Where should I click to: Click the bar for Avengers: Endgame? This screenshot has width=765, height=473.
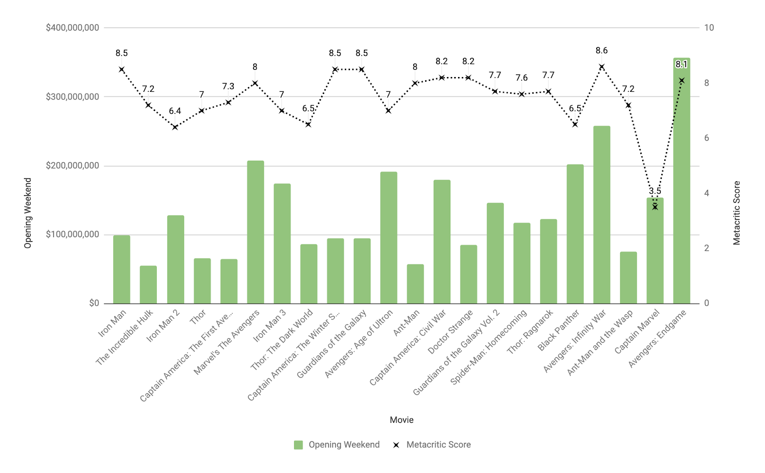pyautogui.click(x=681, y=182)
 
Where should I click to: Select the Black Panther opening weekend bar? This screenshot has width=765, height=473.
pyautogui.click(x=575, y=234)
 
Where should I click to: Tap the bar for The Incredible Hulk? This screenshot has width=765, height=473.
pyautogui.click(x=148, y=285)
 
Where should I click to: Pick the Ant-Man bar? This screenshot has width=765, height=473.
pyautogui.click(x=415, y=284)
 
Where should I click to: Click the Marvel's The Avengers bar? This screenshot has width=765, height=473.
pyautogui.click(x=255, y=232)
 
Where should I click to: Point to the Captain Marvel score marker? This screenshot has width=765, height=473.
pyautogui.click(x=655, y=207)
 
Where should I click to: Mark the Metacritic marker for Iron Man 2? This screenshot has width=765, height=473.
pyautogui.click(x=175, y=127)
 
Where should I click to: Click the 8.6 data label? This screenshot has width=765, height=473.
pyautogui.click(x=601, y=51)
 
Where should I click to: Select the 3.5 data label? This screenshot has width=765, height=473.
pyautogui.click(x=655, y=191)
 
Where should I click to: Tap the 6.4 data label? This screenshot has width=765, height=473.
pyautogui.click(x=175, y=111)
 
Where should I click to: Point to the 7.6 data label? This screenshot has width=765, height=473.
pyautogui.click(x=522, y=78)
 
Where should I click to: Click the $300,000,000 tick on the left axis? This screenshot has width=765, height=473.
pyautogui.click(x=73, y=97)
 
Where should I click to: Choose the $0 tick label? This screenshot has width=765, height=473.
pyautogui.click(x=94, y=303)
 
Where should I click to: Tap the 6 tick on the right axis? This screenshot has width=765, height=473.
pyautogui.click(x=707, y=138)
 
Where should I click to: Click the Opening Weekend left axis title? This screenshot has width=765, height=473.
pyautogui.click(x=28, y=213)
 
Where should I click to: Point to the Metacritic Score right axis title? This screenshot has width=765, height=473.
pyautogui.click(x=736, y=213)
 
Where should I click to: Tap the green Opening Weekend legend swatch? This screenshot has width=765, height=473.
pyautogui.click(x=298, y=445)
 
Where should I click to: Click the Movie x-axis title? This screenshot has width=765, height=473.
pyautogui.click(x=402, y=420)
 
